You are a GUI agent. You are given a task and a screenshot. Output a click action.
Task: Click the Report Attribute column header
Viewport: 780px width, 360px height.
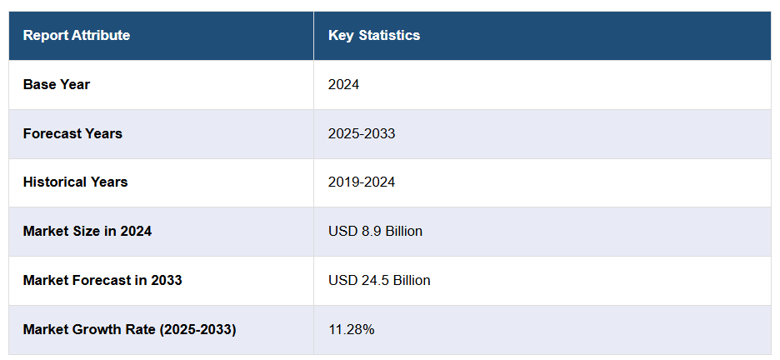[x=76, y=35]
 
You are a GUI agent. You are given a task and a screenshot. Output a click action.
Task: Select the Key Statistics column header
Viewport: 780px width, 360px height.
[x=374, y=35]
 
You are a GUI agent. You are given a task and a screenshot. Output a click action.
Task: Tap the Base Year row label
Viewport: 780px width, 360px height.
[x=56, y=84]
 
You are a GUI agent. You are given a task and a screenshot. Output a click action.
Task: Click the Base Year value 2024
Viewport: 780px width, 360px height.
[x=343, y=84]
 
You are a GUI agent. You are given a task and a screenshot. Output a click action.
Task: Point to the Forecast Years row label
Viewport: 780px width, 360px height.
[x=72, y=133]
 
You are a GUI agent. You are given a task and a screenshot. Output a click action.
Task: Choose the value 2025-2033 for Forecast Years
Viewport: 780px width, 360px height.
[x=362, y=133]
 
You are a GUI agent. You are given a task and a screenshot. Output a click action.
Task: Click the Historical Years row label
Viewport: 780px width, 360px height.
[x=75, y=182]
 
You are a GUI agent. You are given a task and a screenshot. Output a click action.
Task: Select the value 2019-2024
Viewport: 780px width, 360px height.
[x=362, y=182]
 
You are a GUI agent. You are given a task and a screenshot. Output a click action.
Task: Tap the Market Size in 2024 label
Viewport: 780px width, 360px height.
[x=87, y=231]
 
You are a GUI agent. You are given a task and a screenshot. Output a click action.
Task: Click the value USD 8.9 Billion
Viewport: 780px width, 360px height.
[x=375, y=231]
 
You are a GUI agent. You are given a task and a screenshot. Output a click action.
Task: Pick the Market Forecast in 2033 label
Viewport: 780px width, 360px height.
[x=102, y=280]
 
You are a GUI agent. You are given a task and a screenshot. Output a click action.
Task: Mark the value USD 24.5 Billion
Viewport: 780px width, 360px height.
[x=379, y=280]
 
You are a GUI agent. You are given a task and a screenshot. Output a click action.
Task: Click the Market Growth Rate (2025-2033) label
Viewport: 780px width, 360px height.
[x=129, y=329]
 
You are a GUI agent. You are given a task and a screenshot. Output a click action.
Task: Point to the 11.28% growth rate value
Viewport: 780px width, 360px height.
[x=351, y=329]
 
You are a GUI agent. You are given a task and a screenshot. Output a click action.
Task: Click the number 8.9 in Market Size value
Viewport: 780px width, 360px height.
[x=368, y=231]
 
